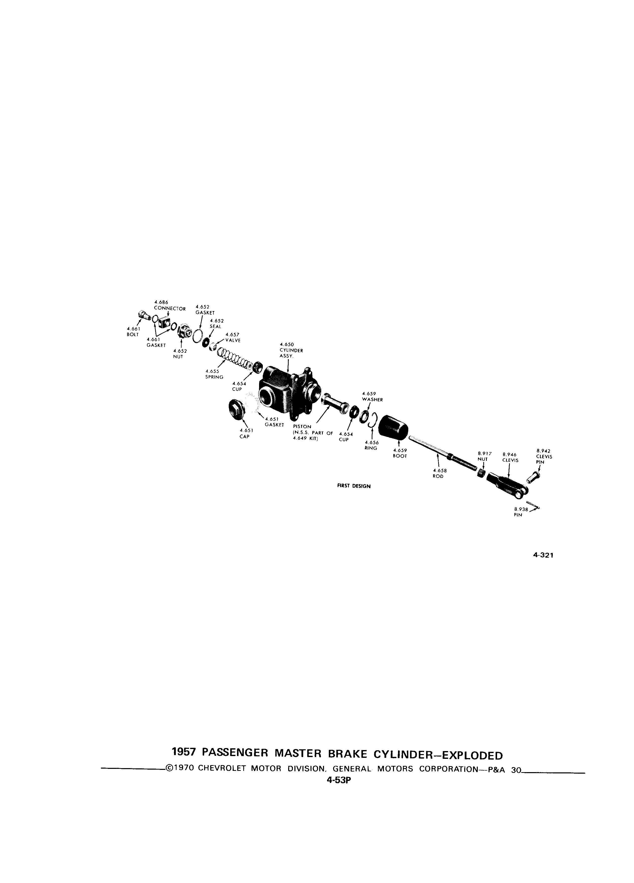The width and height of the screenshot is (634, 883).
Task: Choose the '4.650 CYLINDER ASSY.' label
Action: tap(291, 350)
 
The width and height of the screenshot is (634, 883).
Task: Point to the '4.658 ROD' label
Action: tap(438, 473)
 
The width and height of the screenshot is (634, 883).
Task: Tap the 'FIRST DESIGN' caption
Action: tap(354, 486)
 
